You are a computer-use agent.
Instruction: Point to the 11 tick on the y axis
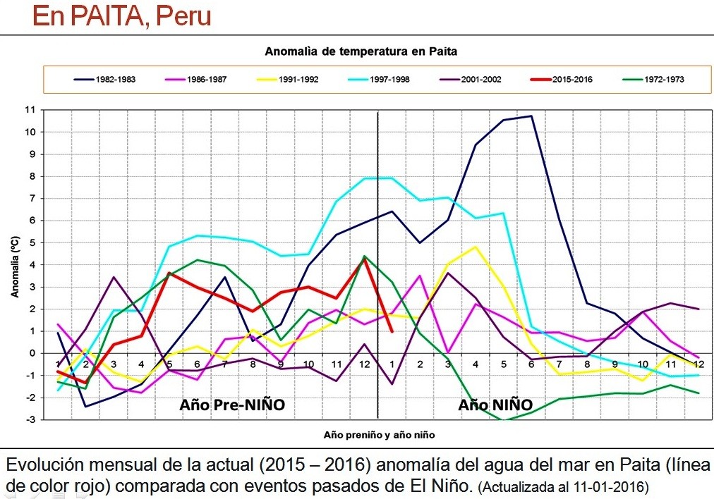pos(30,110)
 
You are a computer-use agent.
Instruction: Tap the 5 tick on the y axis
pos(32,242)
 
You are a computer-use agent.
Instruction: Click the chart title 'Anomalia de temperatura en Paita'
pos(361,51)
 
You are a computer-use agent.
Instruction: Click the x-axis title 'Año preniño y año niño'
pos(380,436)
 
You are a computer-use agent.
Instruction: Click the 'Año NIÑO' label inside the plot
pos(495,405)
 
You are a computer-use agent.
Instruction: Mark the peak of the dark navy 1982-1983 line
pos(531,116)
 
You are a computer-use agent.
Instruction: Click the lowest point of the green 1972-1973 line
pos(503,421)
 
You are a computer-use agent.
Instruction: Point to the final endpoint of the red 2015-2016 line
pos(392,331)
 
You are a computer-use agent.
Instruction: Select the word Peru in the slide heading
pos(183,16)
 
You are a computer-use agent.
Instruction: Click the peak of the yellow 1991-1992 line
pos(475,247)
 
